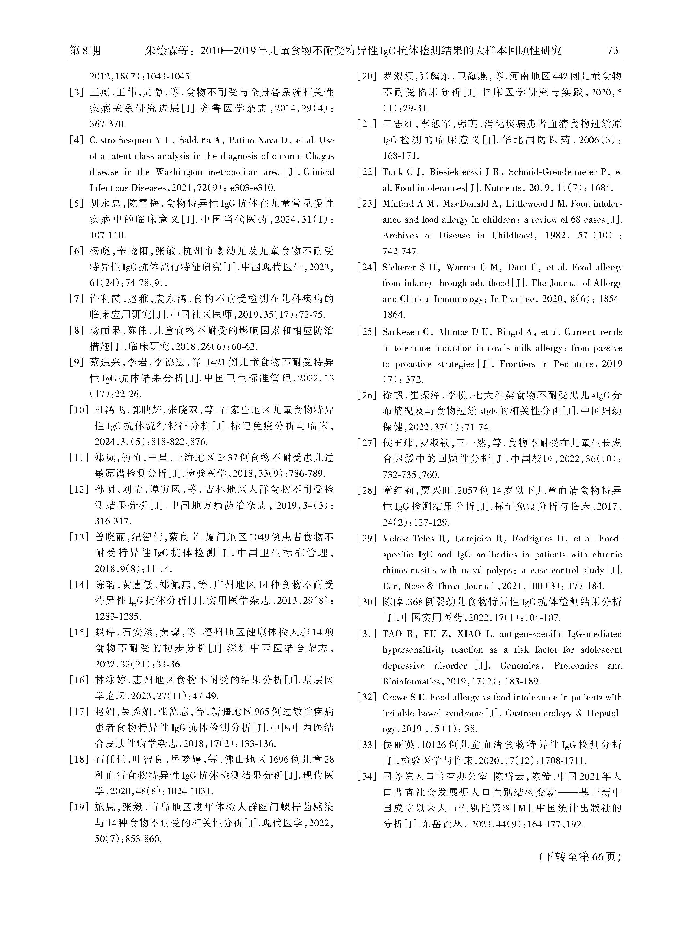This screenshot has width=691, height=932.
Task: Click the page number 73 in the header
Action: point(612,51)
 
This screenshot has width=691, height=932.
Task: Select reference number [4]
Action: point(77,140)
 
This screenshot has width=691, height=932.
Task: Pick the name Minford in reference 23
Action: point(399,204)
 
